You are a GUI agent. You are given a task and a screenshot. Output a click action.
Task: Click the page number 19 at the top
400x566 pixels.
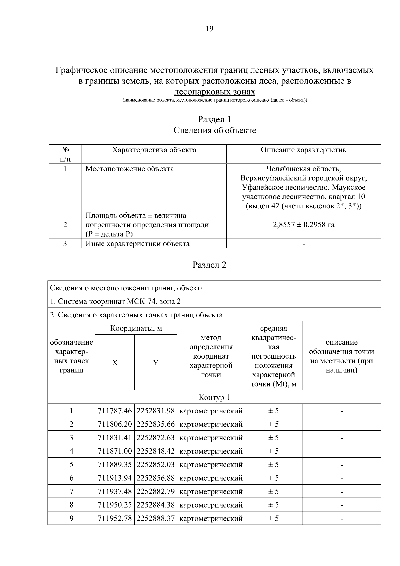click(x=210, y=29)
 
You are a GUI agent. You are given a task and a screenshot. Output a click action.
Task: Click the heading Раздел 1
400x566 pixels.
click(x=214, y=119)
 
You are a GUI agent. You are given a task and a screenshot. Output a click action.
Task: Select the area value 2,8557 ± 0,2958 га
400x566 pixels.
click(x=303, y=225)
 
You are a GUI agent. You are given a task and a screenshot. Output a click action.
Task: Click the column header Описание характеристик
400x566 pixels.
click(x=303, y=150)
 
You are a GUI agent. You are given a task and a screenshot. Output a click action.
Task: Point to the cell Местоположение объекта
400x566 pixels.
click(x=130, y=169)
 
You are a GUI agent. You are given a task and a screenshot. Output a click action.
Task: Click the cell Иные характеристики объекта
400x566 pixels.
click(x=138, y=244)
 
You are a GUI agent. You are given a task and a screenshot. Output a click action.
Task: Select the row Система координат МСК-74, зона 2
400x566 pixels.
click(x=115, y=301)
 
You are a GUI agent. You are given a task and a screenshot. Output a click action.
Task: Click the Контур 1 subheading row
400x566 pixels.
click(x=214, y=397)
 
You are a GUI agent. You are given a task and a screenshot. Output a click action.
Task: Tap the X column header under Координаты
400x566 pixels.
click(x=115, y=363)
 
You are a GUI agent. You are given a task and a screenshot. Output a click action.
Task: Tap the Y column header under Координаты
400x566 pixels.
click(x=156, y=363)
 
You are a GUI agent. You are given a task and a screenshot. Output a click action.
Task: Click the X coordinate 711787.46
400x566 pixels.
click(x=115, y=411)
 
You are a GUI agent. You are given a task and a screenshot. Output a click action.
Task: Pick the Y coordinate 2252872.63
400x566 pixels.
click(x=156, y=438)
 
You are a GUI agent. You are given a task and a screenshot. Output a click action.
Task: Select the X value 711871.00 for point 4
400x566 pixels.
click(x=115, y=451)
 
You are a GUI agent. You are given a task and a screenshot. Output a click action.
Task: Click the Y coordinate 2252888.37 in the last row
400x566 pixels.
click(x=156, y=518)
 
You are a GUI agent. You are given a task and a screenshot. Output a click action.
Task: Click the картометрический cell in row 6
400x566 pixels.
click(x=211, y=478)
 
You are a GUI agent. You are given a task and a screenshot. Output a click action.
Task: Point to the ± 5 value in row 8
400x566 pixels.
click(x=273, y=505)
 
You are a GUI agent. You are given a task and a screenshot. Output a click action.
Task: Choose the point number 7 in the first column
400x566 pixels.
click(x=71, y=492)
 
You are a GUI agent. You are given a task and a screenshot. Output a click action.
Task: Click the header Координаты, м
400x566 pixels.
click(x=136, y=328)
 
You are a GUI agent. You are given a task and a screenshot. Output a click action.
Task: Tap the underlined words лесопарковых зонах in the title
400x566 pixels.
click(x=215, y=92)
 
